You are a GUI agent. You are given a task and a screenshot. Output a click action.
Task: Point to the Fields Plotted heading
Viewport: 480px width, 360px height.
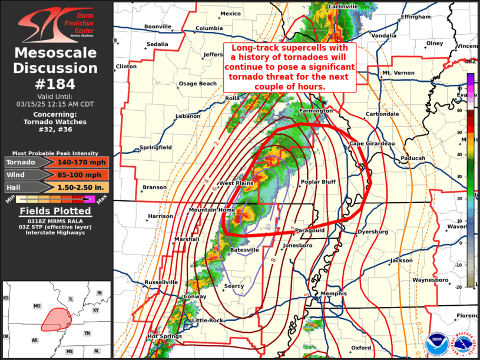tap(55, 211)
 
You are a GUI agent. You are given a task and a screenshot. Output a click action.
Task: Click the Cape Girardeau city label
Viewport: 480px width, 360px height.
tap(372, 143)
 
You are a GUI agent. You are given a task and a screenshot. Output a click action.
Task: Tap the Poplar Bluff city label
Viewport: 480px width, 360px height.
tap(318, 182)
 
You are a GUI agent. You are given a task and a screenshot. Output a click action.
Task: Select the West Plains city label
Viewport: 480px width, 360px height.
tap(236, 183)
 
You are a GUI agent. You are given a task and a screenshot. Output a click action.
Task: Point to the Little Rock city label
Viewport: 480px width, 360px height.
tap(207, 320)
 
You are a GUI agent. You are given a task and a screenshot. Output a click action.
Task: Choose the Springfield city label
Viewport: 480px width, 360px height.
tap(155, 147)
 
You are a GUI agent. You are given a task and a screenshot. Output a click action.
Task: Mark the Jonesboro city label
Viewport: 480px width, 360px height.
tap(297, 245)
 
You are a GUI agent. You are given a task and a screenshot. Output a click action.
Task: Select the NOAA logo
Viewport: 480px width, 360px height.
tap(436, 341)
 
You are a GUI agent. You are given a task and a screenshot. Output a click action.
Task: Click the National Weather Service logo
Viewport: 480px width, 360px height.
tap(464, 341)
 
